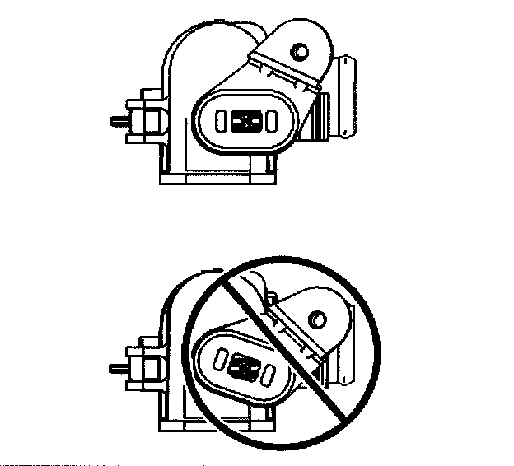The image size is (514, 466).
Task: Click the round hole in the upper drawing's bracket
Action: point(298,51)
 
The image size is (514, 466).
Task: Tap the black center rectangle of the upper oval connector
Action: point(245,121)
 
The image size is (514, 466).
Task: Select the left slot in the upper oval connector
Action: point(220,122)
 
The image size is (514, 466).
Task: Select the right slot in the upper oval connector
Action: point(269,122)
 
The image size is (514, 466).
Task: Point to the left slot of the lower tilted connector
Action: point(220,356)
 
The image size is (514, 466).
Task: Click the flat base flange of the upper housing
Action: point(217,175)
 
